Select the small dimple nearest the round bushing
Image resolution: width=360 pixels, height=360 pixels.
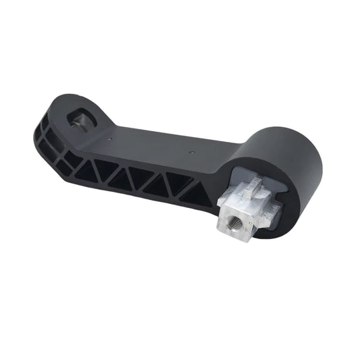click(193, 153)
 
